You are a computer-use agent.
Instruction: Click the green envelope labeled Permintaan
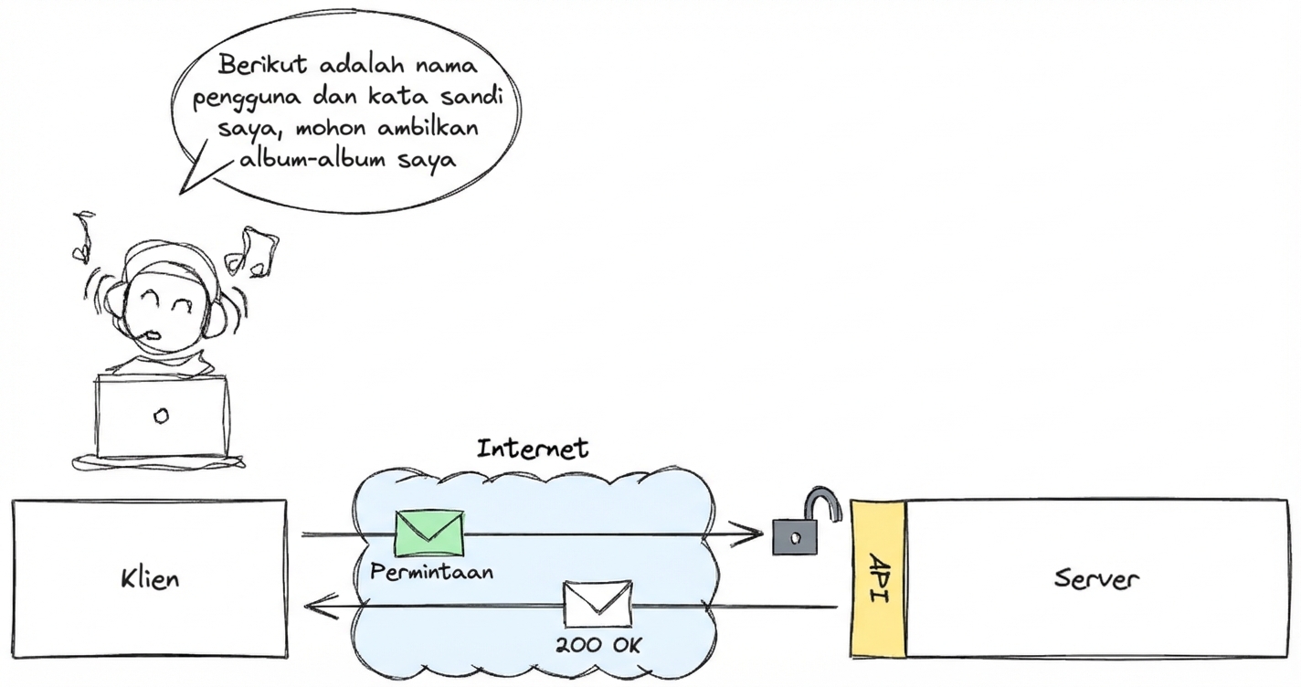429,534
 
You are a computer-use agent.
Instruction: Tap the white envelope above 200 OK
597,604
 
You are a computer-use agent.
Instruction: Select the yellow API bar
878,578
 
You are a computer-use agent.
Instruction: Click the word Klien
150,579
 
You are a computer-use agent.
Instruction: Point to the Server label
1095,578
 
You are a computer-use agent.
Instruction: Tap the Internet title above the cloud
533,449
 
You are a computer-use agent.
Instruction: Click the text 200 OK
598,645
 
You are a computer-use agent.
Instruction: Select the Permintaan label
432,573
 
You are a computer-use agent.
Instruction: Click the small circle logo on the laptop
161,417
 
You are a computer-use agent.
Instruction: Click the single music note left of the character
82,234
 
